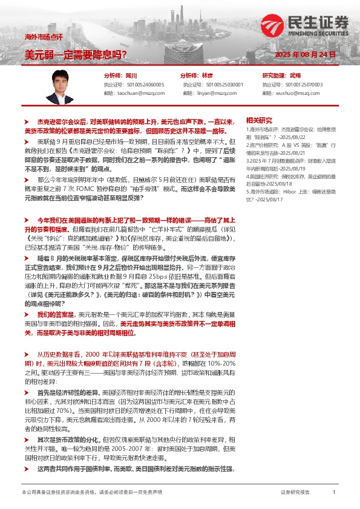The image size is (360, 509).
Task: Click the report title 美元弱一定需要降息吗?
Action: point(76,54)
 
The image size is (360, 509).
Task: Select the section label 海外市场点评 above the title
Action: point(39,38)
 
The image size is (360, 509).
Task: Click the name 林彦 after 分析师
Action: point(207,76)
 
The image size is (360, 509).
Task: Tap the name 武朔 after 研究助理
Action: point(295,76)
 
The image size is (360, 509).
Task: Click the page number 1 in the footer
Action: point(334,493)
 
